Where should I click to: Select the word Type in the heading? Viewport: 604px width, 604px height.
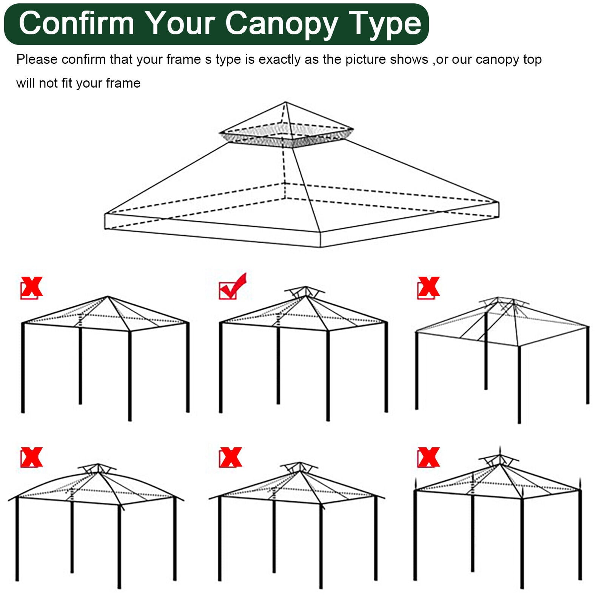pos(385,23)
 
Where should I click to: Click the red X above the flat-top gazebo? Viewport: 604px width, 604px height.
pos(32,287)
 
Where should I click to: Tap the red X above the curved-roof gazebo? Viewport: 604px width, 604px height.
pos(32,457)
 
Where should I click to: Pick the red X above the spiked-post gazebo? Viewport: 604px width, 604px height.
pos(429,457)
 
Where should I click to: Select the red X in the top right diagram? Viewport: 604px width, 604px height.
pos(429,287)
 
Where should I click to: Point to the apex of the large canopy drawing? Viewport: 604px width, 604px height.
pos(286,102)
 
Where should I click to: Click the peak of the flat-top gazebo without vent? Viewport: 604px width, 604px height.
pos(108,297)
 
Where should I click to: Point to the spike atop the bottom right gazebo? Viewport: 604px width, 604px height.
pos(500,451)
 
